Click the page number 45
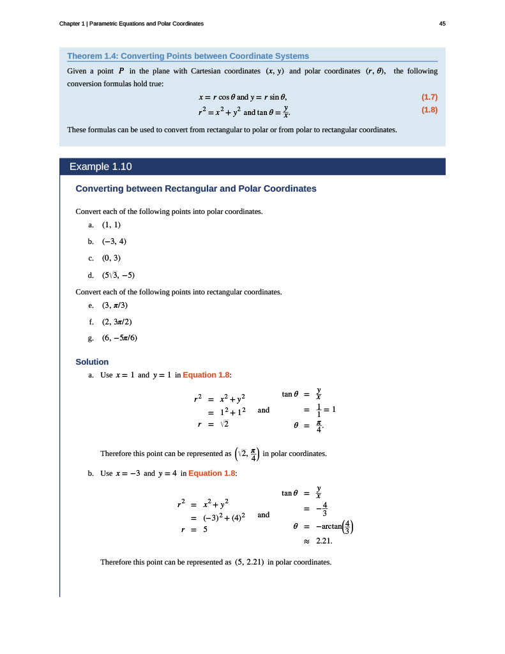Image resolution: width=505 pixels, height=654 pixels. (x=442, y=24)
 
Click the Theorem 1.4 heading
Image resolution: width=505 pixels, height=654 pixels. (x=188, y=56)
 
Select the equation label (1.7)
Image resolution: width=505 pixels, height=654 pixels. (x=429, y=97)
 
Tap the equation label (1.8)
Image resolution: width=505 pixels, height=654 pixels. (x=429, y=110)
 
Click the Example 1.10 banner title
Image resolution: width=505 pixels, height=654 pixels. (x=100, y=167)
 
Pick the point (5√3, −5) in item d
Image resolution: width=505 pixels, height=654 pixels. (x=118, y=275)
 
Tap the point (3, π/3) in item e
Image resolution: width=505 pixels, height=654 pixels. (x=116, y=305)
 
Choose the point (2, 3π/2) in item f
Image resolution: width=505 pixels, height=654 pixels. (x=117, y=322)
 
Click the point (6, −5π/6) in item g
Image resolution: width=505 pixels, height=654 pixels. (x=119, y=338)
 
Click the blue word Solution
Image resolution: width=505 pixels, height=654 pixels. (x=92, y=362)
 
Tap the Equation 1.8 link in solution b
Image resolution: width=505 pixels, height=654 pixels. (x=212, y=473)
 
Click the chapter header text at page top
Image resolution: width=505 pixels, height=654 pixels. (x=132, y=24)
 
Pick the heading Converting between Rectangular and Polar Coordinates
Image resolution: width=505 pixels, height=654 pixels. (x=196, y=189)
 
